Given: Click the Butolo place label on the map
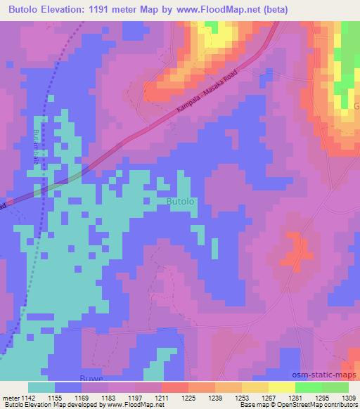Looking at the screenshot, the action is coord(181,202).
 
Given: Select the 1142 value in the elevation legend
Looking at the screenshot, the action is coord(27,398).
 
